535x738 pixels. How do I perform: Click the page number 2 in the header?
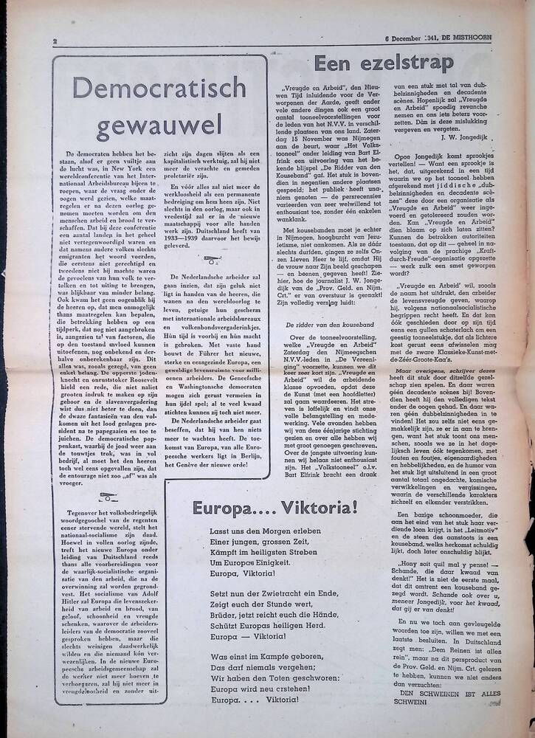pyautogui.click(x=55, y=42)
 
